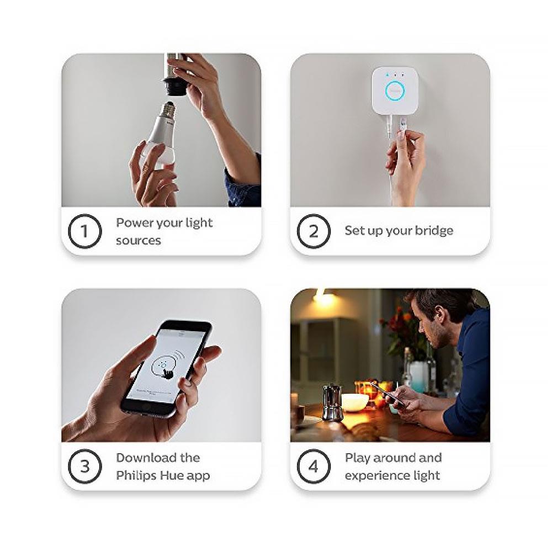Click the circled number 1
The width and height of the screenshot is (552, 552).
point(84,231)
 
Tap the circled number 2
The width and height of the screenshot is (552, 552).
point(313,231)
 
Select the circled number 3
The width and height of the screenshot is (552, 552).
point(84,466)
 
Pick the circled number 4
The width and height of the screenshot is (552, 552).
point(313,466)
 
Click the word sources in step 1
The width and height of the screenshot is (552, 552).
point(139,241)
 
